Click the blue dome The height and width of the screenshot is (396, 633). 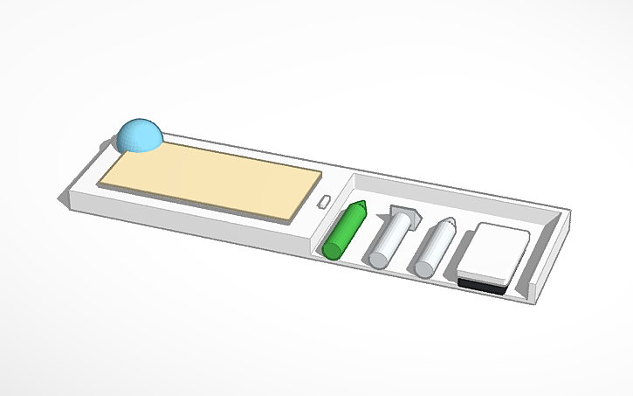pos(139,135)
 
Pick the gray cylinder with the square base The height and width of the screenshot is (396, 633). pos(389,237)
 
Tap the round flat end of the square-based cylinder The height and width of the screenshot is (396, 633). pos(379,258)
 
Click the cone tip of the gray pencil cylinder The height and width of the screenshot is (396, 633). pos(449,222)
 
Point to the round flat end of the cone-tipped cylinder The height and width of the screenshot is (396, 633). pos(424,266)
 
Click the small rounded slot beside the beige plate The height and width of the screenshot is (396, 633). pos(322,202)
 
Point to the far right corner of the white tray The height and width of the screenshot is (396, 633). pos(571,211)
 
